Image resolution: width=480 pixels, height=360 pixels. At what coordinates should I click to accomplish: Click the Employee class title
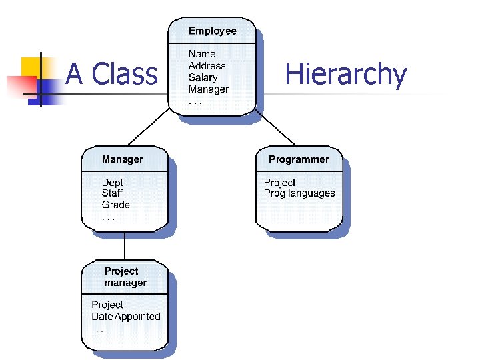(x=212, y=31)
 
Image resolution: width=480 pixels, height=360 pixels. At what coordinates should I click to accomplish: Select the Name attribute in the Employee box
(x=202, y=54)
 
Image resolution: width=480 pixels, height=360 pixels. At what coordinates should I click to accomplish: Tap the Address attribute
(x=207, y=66)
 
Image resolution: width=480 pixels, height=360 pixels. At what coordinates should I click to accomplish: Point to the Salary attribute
(x=203, y=77)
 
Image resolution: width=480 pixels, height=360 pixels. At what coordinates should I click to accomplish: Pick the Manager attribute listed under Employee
(x=208, y=89)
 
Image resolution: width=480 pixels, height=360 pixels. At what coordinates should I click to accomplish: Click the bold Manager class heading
(x=122, y=159)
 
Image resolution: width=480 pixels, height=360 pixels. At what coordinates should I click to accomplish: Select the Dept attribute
(x=112, y=183)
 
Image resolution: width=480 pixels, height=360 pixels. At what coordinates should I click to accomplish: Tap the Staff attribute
(x=112, y=193)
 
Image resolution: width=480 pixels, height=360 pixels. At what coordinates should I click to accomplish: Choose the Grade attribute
(x=115, y=205)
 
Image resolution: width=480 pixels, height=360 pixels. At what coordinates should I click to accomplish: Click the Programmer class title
(x=299, y=159)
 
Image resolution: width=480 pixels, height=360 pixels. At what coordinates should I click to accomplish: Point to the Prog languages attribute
(x=299, y=193)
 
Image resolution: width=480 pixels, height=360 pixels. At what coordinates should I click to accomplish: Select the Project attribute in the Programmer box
(x=279, y=183)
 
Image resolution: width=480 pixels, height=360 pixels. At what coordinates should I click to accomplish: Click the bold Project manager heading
(x=125, y=277)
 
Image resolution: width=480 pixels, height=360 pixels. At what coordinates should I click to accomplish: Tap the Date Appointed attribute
(x=126, y=317)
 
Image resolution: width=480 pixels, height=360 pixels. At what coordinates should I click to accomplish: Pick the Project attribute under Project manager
(x=107, y=305)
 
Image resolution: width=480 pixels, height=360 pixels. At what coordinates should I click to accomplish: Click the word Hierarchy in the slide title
(x=345, y=74)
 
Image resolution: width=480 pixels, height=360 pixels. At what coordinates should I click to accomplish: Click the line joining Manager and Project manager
(x=124, y=246)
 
